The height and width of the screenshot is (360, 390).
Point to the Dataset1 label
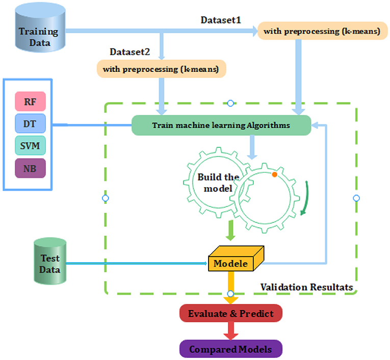(221, 20)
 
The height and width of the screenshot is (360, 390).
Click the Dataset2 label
(130, 52)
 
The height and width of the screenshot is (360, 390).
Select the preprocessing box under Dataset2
(161, 69)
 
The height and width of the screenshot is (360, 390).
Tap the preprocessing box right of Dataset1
(322, 32)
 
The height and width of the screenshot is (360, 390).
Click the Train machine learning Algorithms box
(221, 125)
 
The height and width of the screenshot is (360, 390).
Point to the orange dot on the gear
(274, 175)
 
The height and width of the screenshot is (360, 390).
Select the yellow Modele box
(230, 263)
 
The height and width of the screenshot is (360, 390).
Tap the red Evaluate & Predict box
(230, 314)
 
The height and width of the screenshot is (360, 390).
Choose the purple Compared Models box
(230, 349)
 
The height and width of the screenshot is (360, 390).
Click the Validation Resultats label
(306, 287)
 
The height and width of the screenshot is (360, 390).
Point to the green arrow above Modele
(230, 230)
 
